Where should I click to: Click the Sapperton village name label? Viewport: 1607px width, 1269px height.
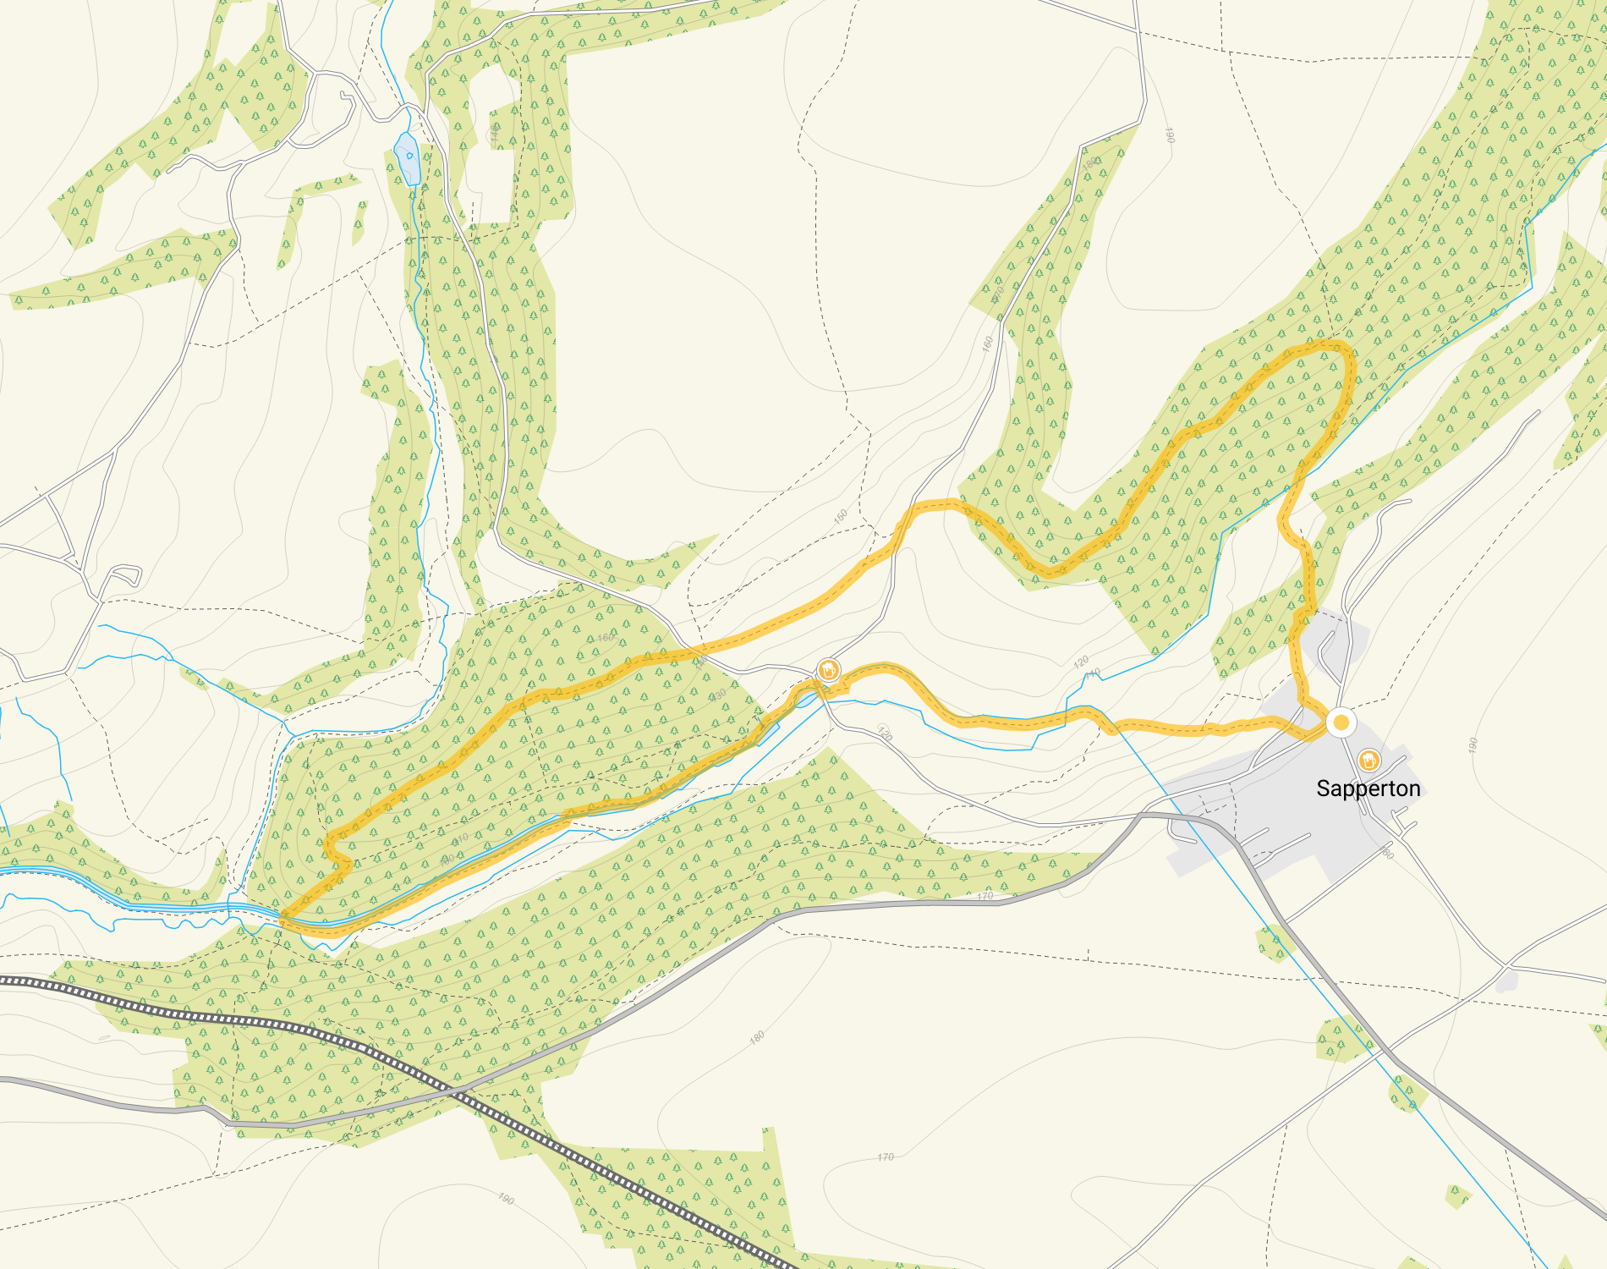pos(1368,788)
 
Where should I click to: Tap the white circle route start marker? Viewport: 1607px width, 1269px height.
pos(1341,722)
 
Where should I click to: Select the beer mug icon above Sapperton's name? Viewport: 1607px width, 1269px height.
pos(1368,760)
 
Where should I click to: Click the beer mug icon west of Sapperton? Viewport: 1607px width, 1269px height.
pos(829,671)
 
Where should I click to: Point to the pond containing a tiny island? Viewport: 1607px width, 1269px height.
pos(408,158)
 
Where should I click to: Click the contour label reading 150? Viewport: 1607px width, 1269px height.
pos(841,517)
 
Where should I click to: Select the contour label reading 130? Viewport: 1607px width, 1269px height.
pos(718,695)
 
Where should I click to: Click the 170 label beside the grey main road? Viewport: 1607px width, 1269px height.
pos(984,896)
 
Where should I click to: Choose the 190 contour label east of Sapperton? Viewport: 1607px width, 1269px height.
pos(1473,745)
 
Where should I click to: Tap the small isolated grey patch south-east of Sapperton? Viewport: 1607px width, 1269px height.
pos(1506,981)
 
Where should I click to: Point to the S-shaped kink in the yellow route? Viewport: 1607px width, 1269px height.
pos(338,849)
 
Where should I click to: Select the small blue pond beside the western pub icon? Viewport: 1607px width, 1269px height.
pos(806,699)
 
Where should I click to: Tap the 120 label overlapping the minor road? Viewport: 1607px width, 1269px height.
pos(885,733)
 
